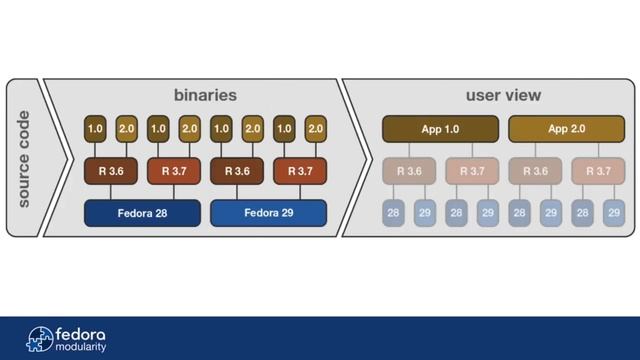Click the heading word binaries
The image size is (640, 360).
point(204,96)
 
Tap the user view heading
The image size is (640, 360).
point(503,96)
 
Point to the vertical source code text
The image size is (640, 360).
point(24,159)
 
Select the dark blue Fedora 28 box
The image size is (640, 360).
point(142,212)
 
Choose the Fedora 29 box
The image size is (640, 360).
point(268,212)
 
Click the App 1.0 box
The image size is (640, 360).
point(440,129)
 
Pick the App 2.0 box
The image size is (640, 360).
point(566,129)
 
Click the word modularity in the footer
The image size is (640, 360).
point(81,347)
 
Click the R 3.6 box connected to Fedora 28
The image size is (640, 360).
point(111,171)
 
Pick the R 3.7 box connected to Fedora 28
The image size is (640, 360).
point(174,171)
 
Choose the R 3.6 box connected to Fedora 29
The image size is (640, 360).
point(237,171)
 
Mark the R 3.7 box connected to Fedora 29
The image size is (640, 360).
point(300,171)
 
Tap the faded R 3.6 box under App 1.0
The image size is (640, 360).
point(409,171)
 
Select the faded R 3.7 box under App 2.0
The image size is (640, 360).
point(598,171)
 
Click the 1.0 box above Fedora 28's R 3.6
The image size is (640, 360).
point(96,129)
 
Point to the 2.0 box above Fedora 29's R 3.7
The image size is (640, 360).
point(315,129)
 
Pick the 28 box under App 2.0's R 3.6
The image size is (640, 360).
point(519,212)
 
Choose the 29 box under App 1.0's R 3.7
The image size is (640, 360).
point(487,212)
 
